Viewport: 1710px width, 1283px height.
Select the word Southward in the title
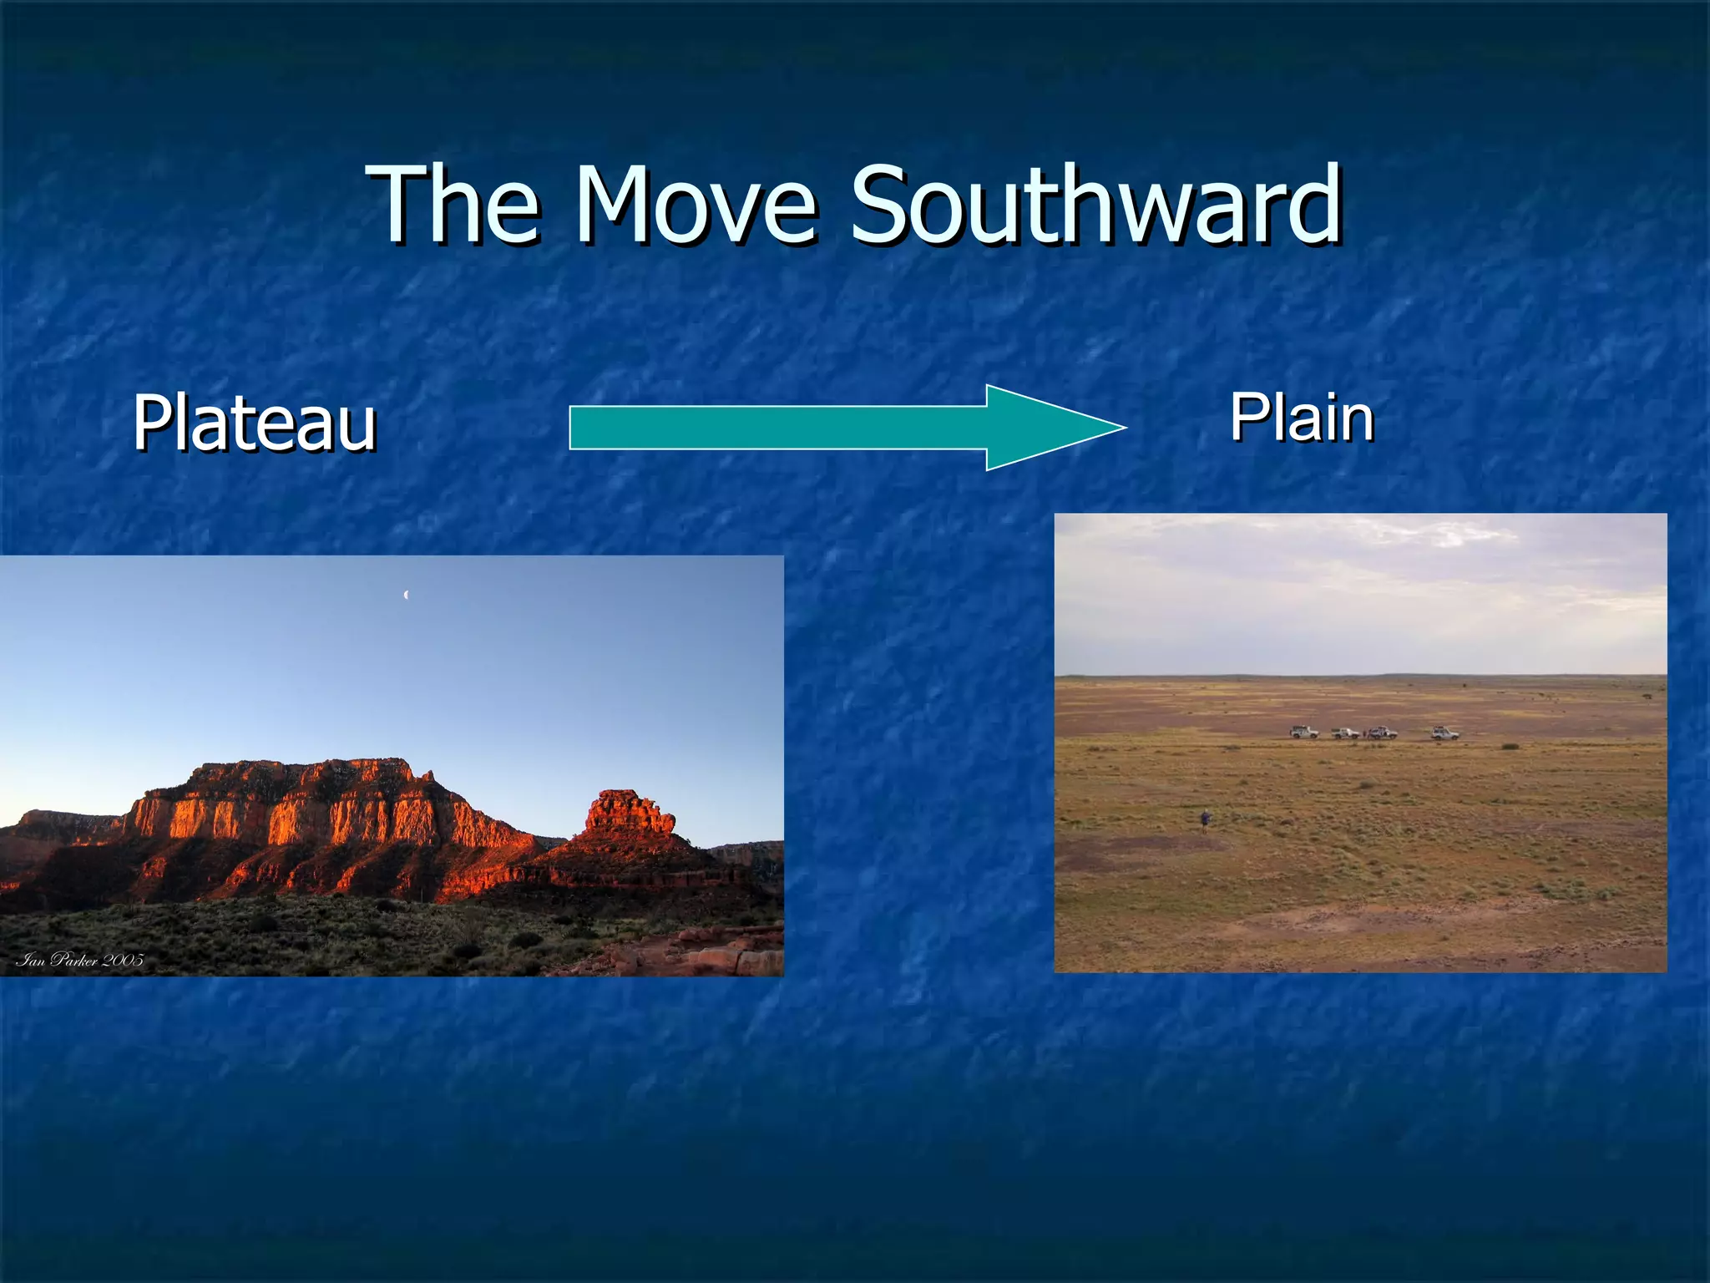coord(1095,205)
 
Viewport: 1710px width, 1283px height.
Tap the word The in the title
coord(455,205)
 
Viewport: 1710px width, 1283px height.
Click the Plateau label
coord(255,423)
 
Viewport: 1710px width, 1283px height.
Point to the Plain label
coord(1302,418)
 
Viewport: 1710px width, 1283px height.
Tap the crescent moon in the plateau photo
coord(406,595)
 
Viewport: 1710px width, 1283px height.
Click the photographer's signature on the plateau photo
coord(79,960)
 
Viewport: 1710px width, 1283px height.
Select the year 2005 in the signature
coord(123,960)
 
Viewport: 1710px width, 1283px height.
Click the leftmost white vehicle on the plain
coord(1303,733)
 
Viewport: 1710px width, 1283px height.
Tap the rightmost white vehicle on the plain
coord(1444,733)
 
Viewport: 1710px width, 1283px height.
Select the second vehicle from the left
coord(1345,733)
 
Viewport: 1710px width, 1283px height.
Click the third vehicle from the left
coord(1383,733)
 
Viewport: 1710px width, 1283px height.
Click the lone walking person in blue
coord(1205,819)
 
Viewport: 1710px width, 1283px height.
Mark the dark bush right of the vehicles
coord(1510,745)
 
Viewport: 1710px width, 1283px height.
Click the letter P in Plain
coord(1246,417)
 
